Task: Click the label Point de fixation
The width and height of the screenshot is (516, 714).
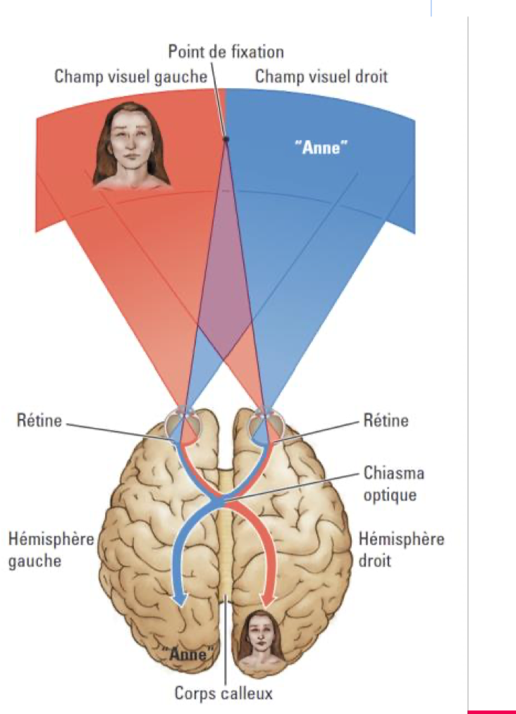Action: click(226, 51)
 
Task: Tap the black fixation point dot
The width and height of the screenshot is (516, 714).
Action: click(226, 139)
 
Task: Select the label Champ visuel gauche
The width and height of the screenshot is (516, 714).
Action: click(130, 76)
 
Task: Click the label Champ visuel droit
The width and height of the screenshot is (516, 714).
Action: click(321, 76)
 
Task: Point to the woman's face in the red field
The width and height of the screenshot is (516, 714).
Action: click(132, 144)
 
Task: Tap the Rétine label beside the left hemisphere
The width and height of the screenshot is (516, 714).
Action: click(39, 421)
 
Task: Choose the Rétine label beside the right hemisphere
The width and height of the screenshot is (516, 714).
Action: click(386, 421)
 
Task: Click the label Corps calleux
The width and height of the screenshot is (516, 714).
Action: click(223, 694)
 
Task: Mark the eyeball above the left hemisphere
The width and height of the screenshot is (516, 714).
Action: click(180, 425)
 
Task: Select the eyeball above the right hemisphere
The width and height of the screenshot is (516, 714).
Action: click(269, 425)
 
